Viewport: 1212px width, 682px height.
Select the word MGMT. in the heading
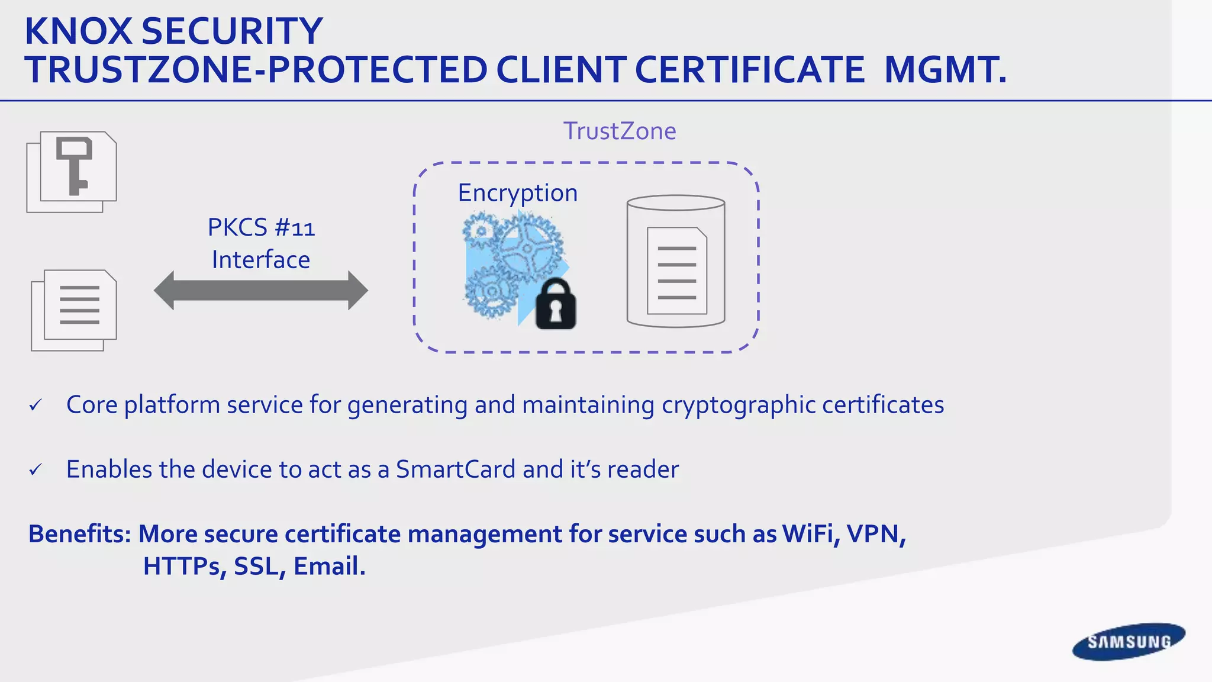click(x=945, y=70)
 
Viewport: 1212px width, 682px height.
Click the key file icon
click(x=72, y=172)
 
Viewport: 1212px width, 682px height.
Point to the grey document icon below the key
click(x=75, y=310)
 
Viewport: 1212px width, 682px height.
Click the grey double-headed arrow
click(x=260, y=291)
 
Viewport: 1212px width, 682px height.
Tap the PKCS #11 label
click(x=261, y=228)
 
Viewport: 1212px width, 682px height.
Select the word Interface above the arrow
click(x=261, y=260)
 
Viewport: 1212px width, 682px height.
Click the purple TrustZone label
click(x=619, y=131)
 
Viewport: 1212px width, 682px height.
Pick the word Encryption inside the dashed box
click(x=518, y=193)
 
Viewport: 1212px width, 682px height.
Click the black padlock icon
click(x=555, y=304)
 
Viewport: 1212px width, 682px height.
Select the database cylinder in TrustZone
click(x=676, y=261)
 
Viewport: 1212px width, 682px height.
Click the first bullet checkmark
click(x=36, y=406)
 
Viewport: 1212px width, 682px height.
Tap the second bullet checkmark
click(x=36, y=470)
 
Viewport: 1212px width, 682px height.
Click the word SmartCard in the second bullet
click(x=456, y=469)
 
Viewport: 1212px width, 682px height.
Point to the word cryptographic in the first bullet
click(x=738, y=406)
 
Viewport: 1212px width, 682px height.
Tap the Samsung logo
click(x=1129, y=642)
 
